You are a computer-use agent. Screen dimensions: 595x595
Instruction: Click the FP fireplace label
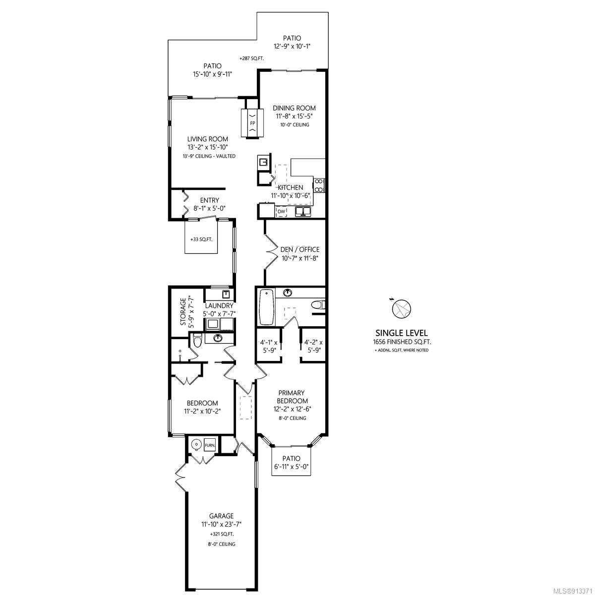pos(252,123)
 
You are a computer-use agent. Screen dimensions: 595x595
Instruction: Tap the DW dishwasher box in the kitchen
pos(281,212)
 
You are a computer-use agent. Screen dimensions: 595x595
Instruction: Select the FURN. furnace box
pos(210,445)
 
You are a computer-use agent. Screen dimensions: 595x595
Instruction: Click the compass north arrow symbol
pos(401,309)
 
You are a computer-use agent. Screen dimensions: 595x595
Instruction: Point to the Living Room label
pos(207,139)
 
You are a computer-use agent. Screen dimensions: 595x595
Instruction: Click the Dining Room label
pos(294,108)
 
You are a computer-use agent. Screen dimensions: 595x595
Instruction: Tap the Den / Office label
pos(300,249)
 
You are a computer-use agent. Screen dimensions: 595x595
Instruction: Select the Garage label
pos(221,516)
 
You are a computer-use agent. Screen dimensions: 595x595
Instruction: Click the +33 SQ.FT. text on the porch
pos(201,239)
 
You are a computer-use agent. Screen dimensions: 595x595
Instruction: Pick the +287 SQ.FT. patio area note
pos(252,59)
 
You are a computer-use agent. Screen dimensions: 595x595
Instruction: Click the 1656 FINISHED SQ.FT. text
pos(402,342)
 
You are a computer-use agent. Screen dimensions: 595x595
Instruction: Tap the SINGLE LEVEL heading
pos(402,333)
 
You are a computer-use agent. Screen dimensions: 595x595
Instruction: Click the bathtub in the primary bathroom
pos(267,307)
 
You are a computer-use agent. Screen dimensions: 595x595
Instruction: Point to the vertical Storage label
pos(183,311)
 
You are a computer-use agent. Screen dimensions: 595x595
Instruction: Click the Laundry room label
pos(219,306)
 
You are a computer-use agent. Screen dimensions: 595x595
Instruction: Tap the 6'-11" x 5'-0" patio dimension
pos(291,467)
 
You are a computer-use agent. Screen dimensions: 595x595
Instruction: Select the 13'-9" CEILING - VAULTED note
pos(209,156)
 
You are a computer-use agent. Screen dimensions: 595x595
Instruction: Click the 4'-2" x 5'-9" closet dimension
pos(313,346)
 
